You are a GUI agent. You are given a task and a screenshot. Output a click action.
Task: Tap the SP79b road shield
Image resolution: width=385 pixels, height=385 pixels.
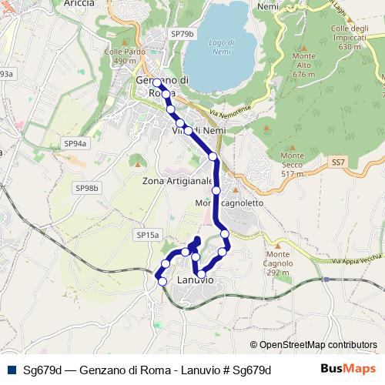[183, 35]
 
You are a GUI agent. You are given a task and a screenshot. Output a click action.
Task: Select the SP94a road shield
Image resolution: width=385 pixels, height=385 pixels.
[75, 143]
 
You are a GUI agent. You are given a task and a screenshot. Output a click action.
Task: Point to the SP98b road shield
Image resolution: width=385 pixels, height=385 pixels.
[87, 188]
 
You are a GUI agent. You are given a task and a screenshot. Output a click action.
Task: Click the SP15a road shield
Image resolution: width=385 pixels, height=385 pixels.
[147, 234]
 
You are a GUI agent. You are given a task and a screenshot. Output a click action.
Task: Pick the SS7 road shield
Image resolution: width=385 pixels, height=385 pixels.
[338, 162]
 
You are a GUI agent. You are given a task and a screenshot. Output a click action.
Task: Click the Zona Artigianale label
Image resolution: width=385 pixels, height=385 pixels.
[177, 181]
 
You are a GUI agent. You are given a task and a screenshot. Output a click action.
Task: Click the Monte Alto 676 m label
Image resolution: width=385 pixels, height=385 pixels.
[304, 65]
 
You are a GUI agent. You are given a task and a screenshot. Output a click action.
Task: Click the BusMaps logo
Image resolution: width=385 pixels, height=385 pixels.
[348, 369]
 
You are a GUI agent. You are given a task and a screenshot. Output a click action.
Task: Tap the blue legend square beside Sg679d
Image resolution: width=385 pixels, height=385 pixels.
[12, 370]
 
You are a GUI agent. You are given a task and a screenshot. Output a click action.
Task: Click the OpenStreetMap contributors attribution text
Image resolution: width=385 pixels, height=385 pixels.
[313, 345]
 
